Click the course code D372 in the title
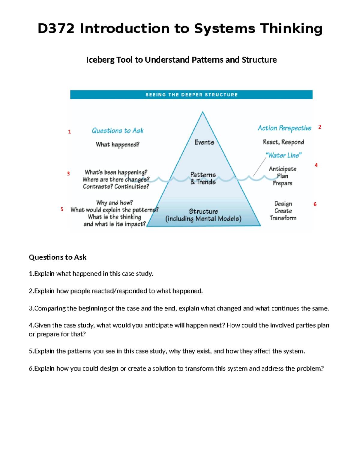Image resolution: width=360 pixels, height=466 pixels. tap(56, 29)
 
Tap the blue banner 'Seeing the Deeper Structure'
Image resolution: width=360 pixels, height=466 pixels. tap(191, 95)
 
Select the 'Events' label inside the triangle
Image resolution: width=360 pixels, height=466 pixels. tap(204, 142)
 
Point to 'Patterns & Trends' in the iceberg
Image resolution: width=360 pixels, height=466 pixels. tap(203, 178)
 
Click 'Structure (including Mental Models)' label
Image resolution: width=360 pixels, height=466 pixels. tap(203, 215)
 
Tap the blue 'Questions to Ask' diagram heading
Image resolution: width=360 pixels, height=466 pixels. tap(118, 131)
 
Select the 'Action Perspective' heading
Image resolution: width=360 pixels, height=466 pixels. tap(284, 128)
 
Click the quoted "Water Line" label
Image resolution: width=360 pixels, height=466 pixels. tap(283, 155)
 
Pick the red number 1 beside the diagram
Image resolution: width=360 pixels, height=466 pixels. tap(70, 132)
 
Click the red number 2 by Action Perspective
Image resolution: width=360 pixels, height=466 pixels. tap(320, 127)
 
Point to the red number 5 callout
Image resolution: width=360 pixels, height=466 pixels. tap(62, 209)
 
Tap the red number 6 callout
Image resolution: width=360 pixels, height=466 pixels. tap(315, 204)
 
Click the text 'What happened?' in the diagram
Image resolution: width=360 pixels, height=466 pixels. tap(118, 145)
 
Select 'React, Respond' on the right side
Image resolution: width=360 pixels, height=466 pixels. tap(283, 142)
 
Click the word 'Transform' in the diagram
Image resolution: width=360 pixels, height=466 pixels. tap(283, 218)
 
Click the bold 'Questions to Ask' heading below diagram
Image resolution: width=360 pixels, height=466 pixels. tap(58, 257)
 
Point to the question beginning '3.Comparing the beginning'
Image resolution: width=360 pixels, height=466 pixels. tap(179, 308)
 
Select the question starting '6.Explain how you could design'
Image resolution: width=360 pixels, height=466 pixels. tap(176, 368)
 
